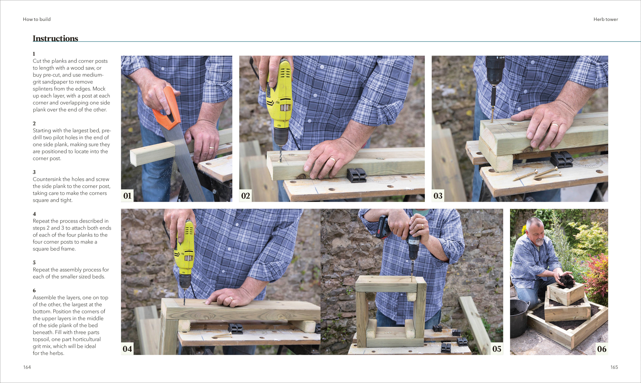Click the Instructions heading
pos(55,38)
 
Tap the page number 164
pos(27,367)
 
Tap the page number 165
pos(614,367)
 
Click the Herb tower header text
pos(605,19)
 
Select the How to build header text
pos(37,19)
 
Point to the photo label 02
pos(245,196)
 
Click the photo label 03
pos(438,196)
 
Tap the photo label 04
pos(127,349)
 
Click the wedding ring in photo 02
pos(332,160)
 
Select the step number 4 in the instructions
pos(34,214)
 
